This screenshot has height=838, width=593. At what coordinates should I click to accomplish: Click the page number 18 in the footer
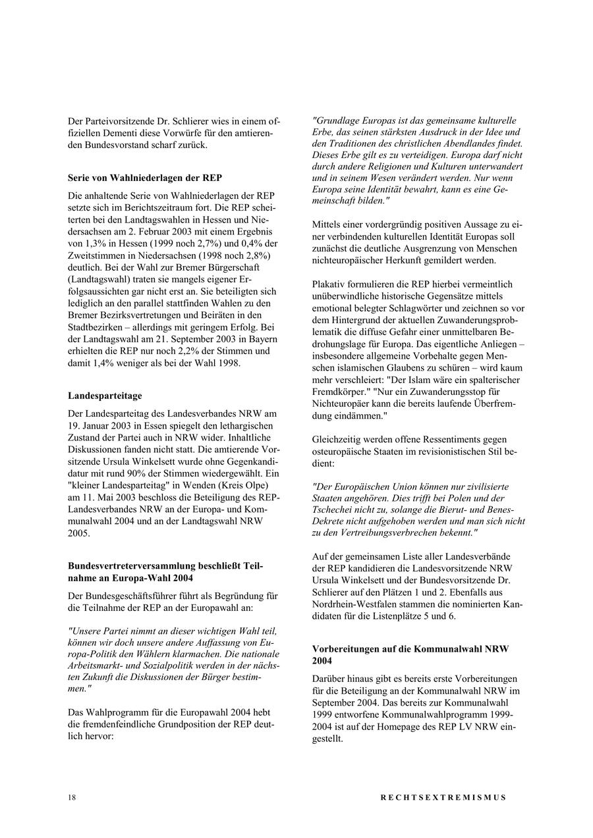click(71, 797)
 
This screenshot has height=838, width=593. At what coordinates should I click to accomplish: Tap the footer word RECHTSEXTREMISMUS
click(443, 797)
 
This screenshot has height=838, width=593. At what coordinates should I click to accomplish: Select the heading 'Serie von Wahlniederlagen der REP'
click(145, 178)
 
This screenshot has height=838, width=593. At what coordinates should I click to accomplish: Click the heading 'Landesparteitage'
click(105, 396)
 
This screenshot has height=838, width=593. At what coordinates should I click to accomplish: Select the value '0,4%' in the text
click(254, 243)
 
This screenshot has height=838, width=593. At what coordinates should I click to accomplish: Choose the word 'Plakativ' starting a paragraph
click(328, 284)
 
